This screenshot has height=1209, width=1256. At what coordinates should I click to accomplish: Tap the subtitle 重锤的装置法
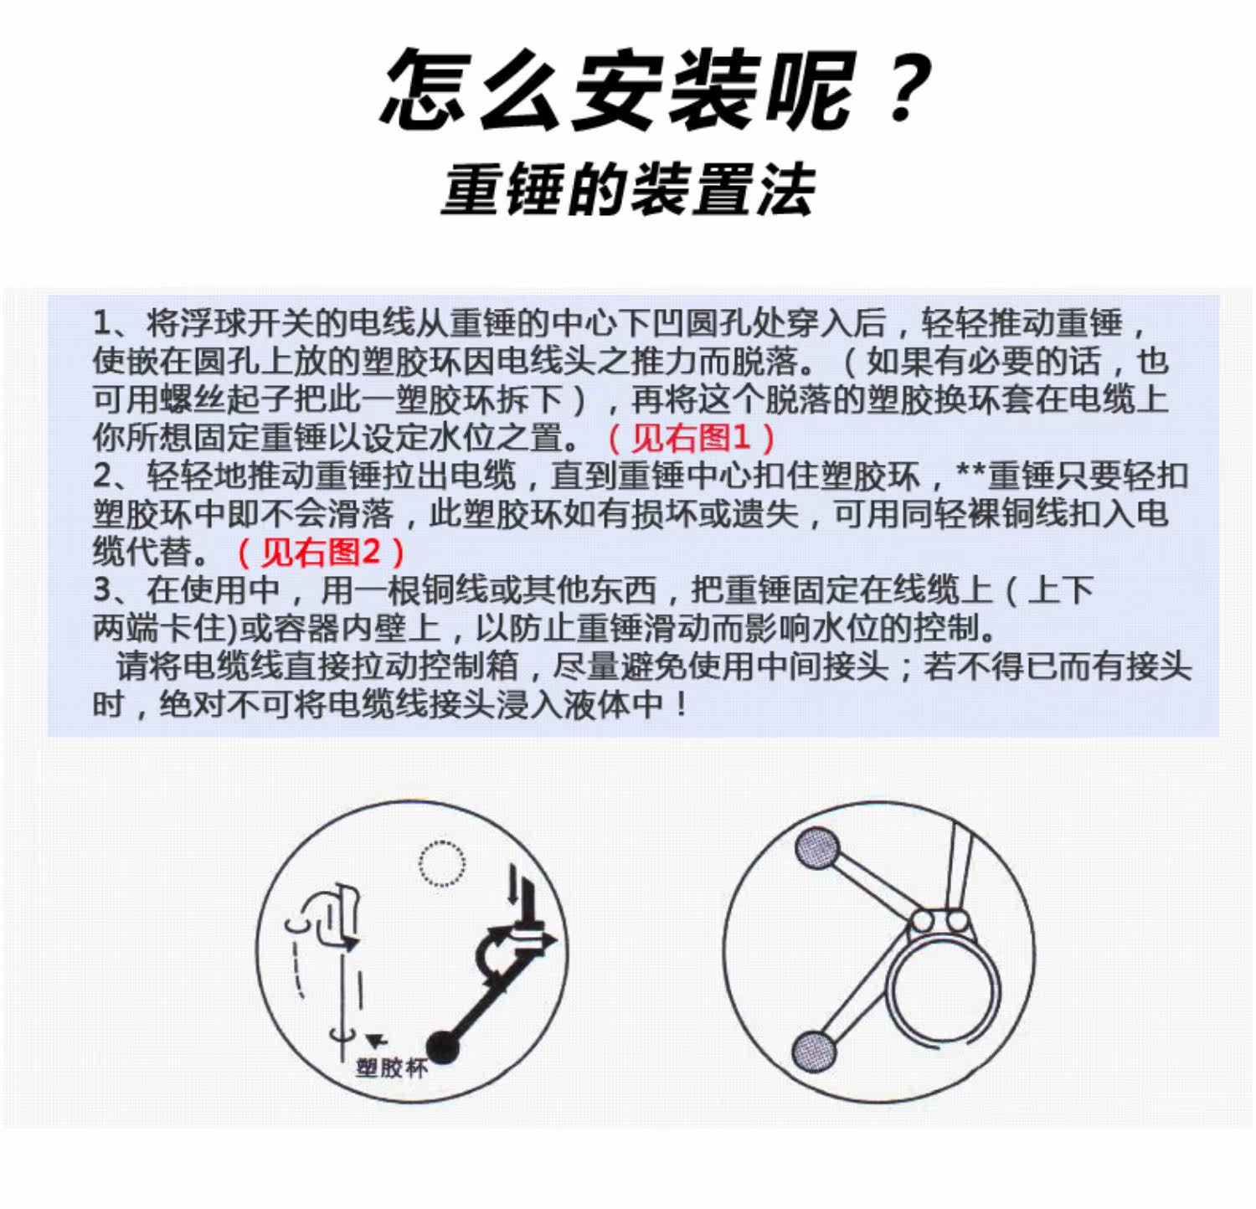point(628,190)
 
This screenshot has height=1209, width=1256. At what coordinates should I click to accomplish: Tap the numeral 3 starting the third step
point(103,590)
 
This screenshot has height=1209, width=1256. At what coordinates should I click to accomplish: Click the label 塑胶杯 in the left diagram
point(391,1068)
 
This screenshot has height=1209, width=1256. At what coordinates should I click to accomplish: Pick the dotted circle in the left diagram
point(441,863)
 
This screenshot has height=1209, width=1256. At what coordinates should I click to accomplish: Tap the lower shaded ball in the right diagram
point(814,1050)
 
